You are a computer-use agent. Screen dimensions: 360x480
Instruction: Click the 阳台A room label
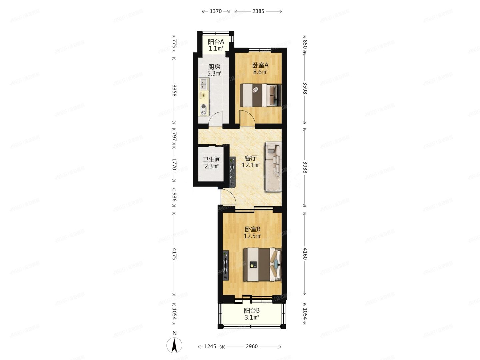click(216, 42)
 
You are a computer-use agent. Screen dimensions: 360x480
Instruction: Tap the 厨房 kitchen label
click(214, 67)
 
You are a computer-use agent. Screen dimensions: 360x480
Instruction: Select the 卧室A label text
click(260, 65)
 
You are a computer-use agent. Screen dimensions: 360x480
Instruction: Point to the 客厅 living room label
click(250, 158)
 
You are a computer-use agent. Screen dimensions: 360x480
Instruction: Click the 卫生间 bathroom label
click(211, 159)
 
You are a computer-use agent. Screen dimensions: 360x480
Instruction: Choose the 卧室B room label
click(252, 229)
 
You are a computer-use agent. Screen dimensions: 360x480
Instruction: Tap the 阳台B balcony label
click(252, 310)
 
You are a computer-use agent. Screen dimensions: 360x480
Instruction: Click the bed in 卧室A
click(260, 95)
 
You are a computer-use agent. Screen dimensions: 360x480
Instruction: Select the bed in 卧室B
click(262, 264)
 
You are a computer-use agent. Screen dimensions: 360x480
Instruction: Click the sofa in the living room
click(273, 167)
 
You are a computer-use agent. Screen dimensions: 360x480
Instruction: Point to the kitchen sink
click(203, 84)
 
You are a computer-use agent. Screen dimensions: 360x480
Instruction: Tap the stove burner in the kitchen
click(203, 107)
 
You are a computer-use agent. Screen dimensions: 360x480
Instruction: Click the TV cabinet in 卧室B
click(226, 265)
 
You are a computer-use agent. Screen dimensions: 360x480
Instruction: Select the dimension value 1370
click(216, 11)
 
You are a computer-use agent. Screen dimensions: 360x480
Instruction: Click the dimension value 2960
click(252, 346)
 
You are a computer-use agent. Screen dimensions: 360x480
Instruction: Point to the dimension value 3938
click(305, 167)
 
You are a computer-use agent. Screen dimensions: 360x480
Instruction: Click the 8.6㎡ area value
click(260, 72)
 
